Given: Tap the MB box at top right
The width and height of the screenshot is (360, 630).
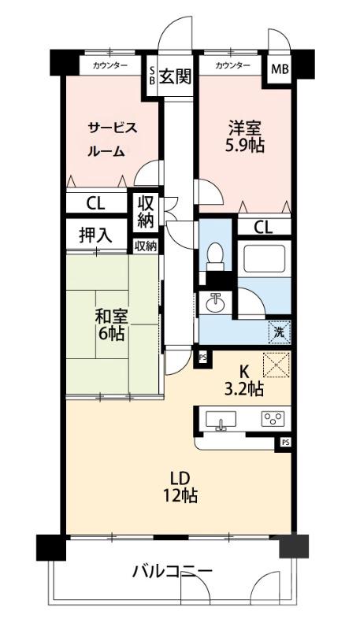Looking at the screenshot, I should point(280,69).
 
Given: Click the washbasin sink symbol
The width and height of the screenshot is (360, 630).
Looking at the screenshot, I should point(214,302).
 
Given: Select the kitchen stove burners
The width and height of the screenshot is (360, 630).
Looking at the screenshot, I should point(273,419).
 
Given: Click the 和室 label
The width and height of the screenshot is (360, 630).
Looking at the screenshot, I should point(111,316).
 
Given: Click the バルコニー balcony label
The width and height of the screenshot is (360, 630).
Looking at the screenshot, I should point(171,571).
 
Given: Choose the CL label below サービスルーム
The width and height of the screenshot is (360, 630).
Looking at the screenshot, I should point(95,203).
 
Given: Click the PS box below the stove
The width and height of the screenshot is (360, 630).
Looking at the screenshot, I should point(284,443).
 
